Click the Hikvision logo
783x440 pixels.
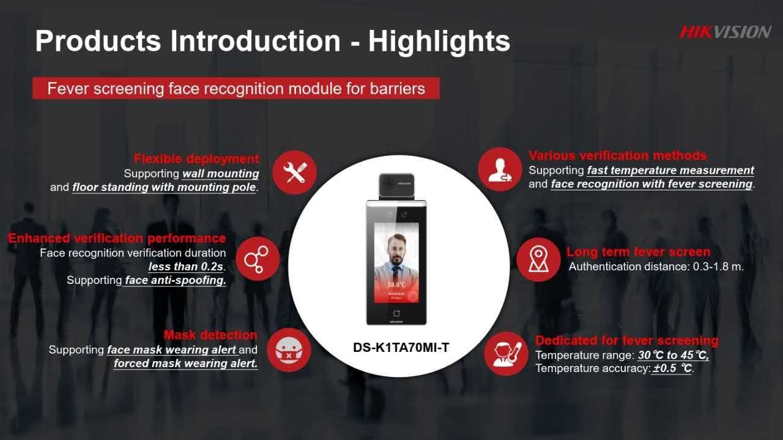point(725,32)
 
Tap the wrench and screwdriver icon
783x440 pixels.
point(295,172)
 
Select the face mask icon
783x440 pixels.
point(289,350)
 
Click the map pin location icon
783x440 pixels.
point(538,259)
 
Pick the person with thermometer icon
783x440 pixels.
point(506,354)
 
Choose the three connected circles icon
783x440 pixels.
point(258,259)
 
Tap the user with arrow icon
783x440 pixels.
point(500,170)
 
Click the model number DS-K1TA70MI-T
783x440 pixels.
point(401,348)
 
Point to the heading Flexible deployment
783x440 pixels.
point(196,158)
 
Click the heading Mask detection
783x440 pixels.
point(210,335)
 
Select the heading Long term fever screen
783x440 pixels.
point(638,252)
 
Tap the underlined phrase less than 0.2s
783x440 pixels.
point(186,267)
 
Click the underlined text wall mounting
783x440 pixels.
point(221,173)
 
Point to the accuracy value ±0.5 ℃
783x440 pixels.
point(672,368)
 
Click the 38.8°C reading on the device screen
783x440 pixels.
point(396,285)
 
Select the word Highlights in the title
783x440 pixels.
point(439,41)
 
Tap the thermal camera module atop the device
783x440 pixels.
point(396,185)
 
